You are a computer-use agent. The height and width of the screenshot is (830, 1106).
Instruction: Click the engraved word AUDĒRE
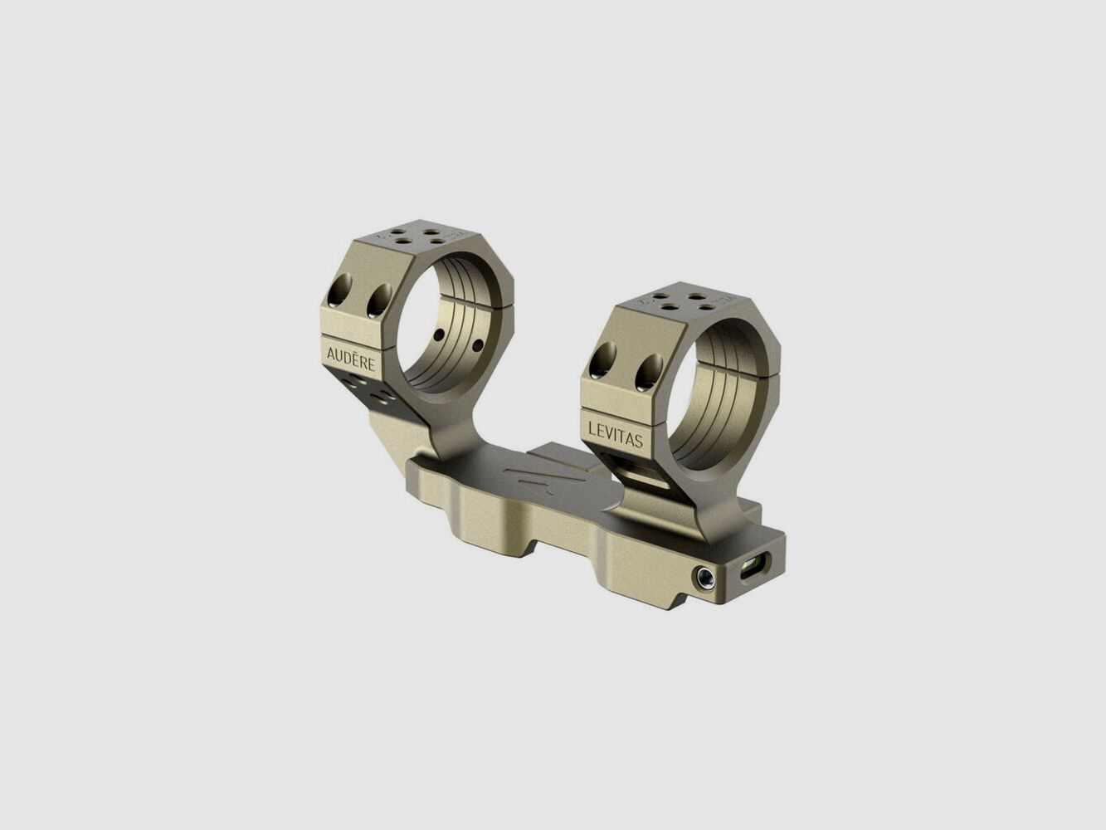[351, 359]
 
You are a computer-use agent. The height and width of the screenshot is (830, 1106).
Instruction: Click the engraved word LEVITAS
[615, 434]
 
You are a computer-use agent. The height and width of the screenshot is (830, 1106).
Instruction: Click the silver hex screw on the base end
[704, 576]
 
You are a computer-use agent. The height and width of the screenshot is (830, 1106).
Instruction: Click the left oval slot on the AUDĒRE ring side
[341, 290]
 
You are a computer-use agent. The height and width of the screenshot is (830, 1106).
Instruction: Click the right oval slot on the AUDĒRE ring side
[379, 299]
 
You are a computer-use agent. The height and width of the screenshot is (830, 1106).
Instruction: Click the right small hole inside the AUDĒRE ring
[477, 344]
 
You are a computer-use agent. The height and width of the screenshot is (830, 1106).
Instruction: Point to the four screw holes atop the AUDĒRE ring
[413, 237]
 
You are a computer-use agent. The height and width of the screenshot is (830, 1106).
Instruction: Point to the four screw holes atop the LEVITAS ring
[680, 300]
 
